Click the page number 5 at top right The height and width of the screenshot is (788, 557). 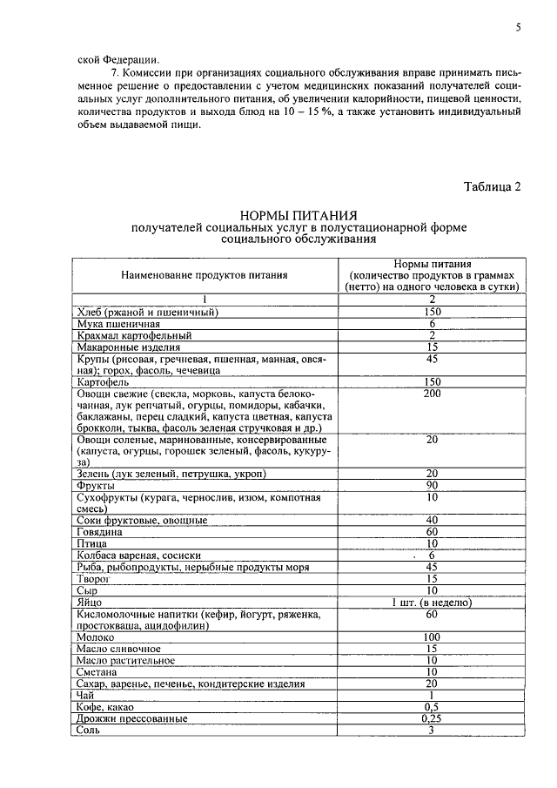(518, 27)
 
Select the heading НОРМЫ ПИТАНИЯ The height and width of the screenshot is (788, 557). (299, 215)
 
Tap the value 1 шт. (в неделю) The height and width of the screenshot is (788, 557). (432, 602)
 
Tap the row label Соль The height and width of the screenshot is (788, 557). (88, 731)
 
